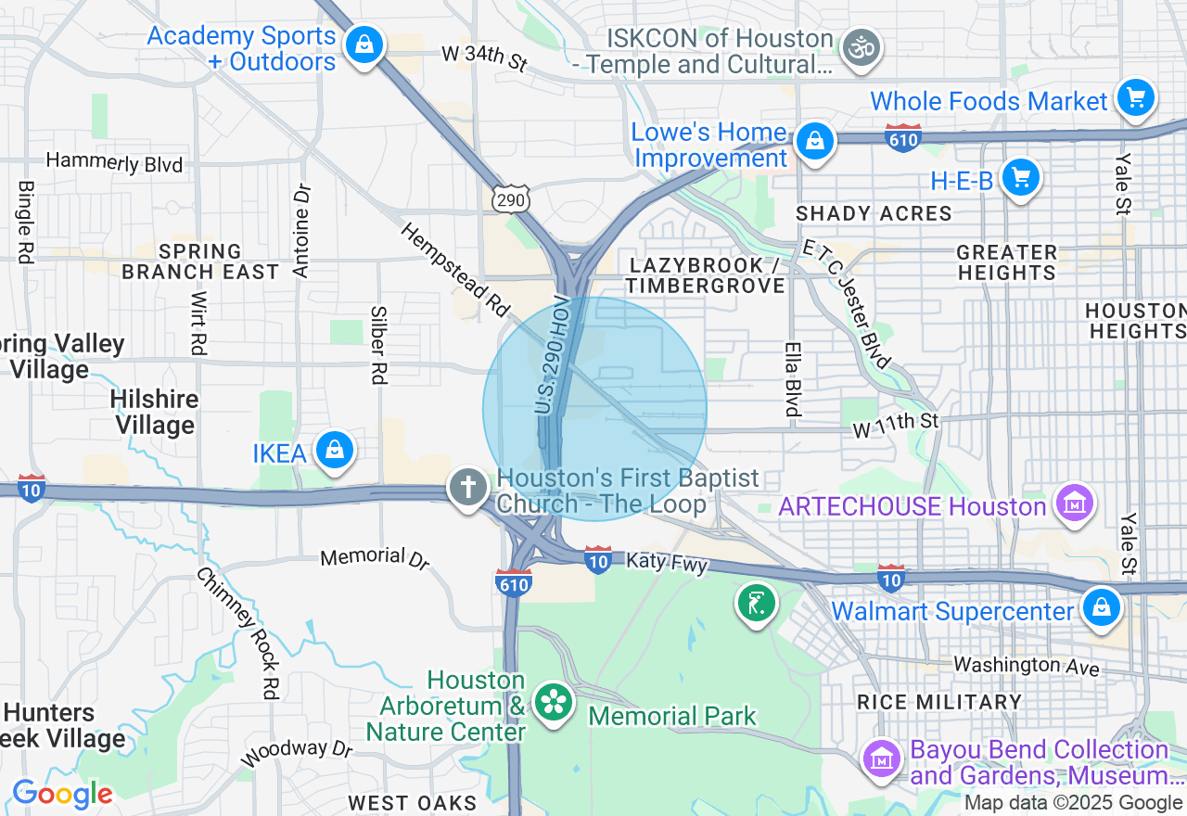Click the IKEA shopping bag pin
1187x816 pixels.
[x=335, y=451]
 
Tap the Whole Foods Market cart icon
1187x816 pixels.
[x=1135, y=96]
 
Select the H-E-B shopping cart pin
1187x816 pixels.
[x=1021, y=175]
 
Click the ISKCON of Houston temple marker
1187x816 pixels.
[x=862, y=46]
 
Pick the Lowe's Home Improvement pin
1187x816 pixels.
[x=814, y=141]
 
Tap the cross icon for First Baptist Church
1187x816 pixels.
[x=468, y=487]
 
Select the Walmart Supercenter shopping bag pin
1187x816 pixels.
[x=1101, y=608]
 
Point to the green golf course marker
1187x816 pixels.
[x=757, y=603]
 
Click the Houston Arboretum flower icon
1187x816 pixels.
[x=555, y=702]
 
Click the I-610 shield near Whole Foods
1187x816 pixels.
[x=902, y=139]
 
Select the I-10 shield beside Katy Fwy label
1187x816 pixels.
[x=598, y=559]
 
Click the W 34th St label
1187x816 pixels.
[x=484, y=57]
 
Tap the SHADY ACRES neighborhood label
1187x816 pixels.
[x=874, y=213]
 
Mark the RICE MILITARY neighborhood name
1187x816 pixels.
[x=938, y=702]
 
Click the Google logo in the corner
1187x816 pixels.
[x=62, y=794]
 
